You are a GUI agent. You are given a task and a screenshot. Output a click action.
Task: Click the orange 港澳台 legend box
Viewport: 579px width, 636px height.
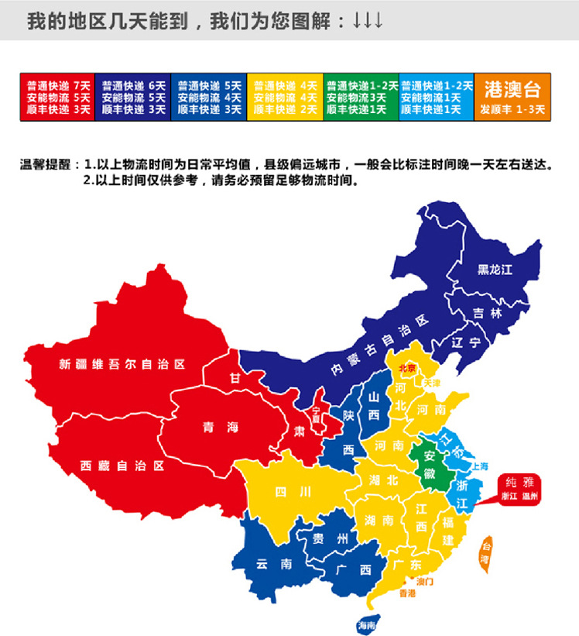coord(512,97)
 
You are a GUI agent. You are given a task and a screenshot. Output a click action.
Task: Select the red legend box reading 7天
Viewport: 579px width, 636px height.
coord(57,97)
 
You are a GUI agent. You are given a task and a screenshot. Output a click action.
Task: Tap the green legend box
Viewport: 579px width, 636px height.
coord(361,97)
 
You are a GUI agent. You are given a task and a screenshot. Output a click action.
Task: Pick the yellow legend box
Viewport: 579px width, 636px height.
coord(285,97)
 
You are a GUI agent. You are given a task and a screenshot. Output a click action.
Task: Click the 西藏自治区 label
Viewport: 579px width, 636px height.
coord(122,466)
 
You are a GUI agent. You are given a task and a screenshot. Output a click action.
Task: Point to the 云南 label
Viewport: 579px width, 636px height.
coord(274,565)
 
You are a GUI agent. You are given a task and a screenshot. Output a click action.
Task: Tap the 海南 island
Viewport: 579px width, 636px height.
coord(366,624)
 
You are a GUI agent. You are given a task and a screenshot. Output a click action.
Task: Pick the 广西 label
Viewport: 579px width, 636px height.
coord(354,569)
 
